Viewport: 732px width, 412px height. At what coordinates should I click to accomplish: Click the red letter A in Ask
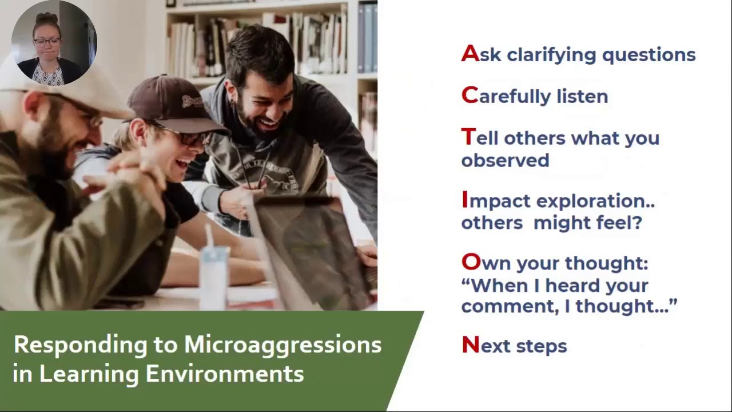click(x=470, y=54)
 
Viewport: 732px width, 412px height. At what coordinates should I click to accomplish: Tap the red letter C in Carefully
click(x=470, y=96)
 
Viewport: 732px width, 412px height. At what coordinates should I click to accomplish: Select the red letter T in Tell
click(x=468, y=137)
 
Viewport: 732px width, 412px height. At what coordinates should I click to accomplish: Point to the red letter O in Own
click(x=471, y=263)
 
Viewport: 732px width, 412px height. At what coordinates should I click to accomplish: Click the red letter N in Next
click(x=470, y=345)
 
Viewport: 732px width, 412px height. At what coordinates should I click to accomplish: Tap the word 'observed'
click(x=505, y=161)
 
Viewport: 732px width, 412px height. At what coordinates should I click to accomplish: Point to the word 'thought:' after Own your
click(x=606, y=263)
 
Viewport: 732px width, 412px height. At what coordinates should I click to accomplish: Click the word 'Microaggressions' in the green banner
click(x=283, y=345)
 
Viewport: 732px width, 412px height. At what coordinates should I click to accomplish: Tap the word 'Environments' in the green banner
click(x=224, y=374)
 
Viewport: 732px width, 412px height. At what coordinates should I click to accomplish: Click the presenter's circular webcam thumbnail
click(x=54, y=43)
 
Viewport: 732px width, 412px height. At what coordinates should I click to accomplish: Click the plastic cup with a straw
click(x=214, y=275)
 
